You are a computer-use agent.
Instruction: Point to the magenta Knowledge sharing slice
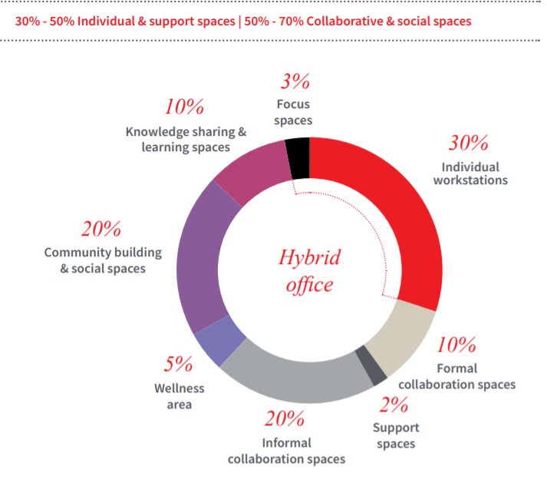tap(249, 171)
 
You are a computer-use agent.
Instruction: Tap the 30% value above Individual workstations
tap(469, 144)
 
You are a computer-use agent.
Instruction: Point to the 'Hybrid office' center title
tap(309, 270)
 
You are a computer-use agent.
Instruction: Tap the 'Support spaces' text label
tap(396, 435)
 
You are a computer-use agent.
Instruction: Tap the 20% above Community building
tap(101, 229)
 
